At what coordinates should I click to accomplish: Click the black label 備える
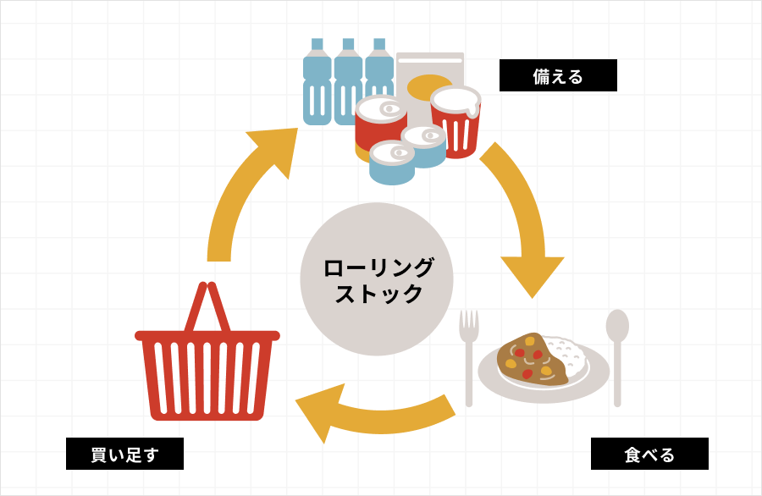[558, 76]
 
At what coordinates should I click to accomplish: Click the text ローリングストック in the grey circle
[378, 280]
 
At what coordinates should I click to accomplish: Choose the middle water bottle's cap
[348, 44]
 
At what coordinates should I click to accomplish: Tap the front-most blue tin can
[392, 165]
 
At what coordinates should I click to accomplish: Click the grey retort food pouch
[430, 68]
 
